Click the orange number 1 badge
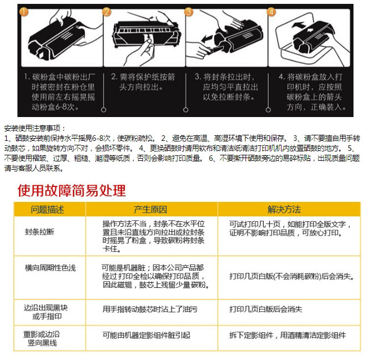tap(24, 12)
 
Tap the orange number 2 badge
tap(106, 12)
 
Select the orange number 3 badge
tap(189, 12)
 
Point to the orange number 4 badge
tap(271, 12)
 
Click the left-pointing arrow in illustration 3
tap(207, 38)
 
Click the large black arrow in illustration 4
tap(298, 24)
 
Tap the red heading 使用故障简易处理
tap(71, 190)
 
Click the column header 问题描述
tap(47, 209)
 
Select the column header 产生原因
tap(150, 209)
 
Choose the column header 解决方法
tap(284, 209)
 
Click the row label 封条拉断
tap(39, 231)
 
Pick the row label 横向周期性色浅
tap(50, 268)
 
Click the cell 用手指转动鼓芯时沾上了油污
tap(150, 310)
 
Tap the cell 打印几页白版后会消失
tap(266, 310)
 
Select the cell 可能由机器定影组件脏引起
tap(146, 336)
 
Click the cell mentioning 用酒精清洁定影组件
tap(288, 336)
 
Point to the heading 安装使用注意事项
tap(34, 128)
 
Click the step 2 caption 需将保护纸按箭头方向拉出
tap(143, 82)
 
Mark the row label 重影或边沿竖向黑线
tap(42, 338)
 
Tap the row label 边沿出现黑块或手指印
tap(46, 312)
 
